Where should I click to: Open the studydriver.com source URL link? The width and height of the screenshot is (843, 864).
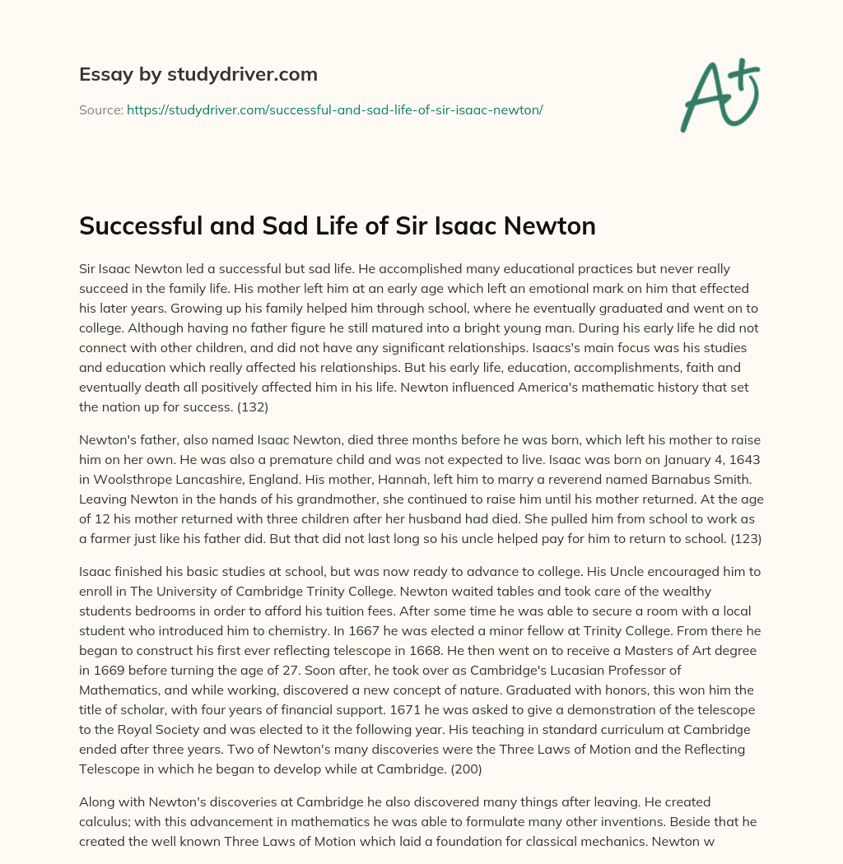[334, 109]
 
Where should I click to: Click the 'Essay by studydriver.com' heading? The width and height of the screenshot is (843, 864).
[198, 74]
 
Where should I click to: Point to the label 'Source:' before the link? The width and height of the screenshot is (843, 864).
[100, 109]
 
